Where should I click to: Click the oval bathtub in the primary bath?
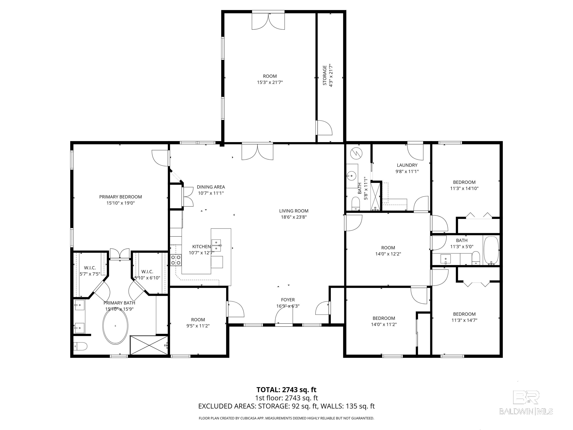(x=115, y=326)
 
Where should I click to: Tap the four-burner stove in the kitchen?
(x=176, y=260)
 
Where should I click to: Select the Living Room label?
(x=294, y=211)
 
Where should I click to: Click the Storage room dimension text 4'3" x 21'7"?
(x=331, y=76)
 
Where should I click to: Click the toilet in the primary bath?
(x=80, y=346)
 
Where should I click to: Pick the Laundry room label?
(x=407, y=165)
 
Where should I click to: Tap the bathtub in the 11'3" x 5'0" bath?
(x=491, y=251)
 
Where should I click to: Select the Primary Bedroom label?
(x=120, y=197)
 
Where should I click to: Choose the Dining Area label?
(x=211, y=187)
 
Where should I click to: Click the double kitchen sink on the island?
(x=216, y=245)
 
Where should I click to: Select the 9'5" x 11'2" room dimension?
(x=198, y=326)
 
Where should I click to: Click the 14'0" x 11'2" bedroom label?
(x=384, y=318)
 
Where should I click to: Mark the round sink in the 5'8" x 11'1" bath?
(x=352, y=176)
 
